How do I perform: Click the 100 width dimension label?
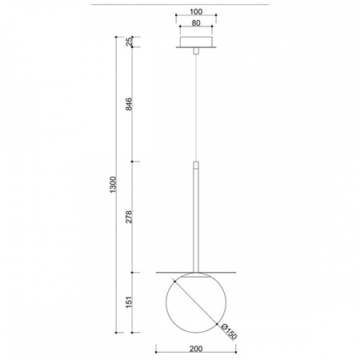click(x=196, y=12)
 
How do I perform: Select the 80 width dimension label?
click(x=196, y=23)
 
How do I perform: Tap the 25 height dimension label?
click(x=129, y=42)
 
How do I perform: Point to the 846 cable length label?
click(x=129, y=104)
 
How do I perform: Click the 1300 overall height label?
click(x=113, y=185)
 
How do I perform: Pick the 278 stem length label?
click(x=129, y=217)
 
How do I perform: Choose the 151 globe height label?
click(x=129, y=302)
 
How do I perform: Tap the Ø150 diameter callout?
click(x=229, y=332)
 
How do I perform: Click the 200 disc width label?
click(x=196, y=349)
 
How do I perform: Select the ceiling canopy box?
click(x=196, y=42)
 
